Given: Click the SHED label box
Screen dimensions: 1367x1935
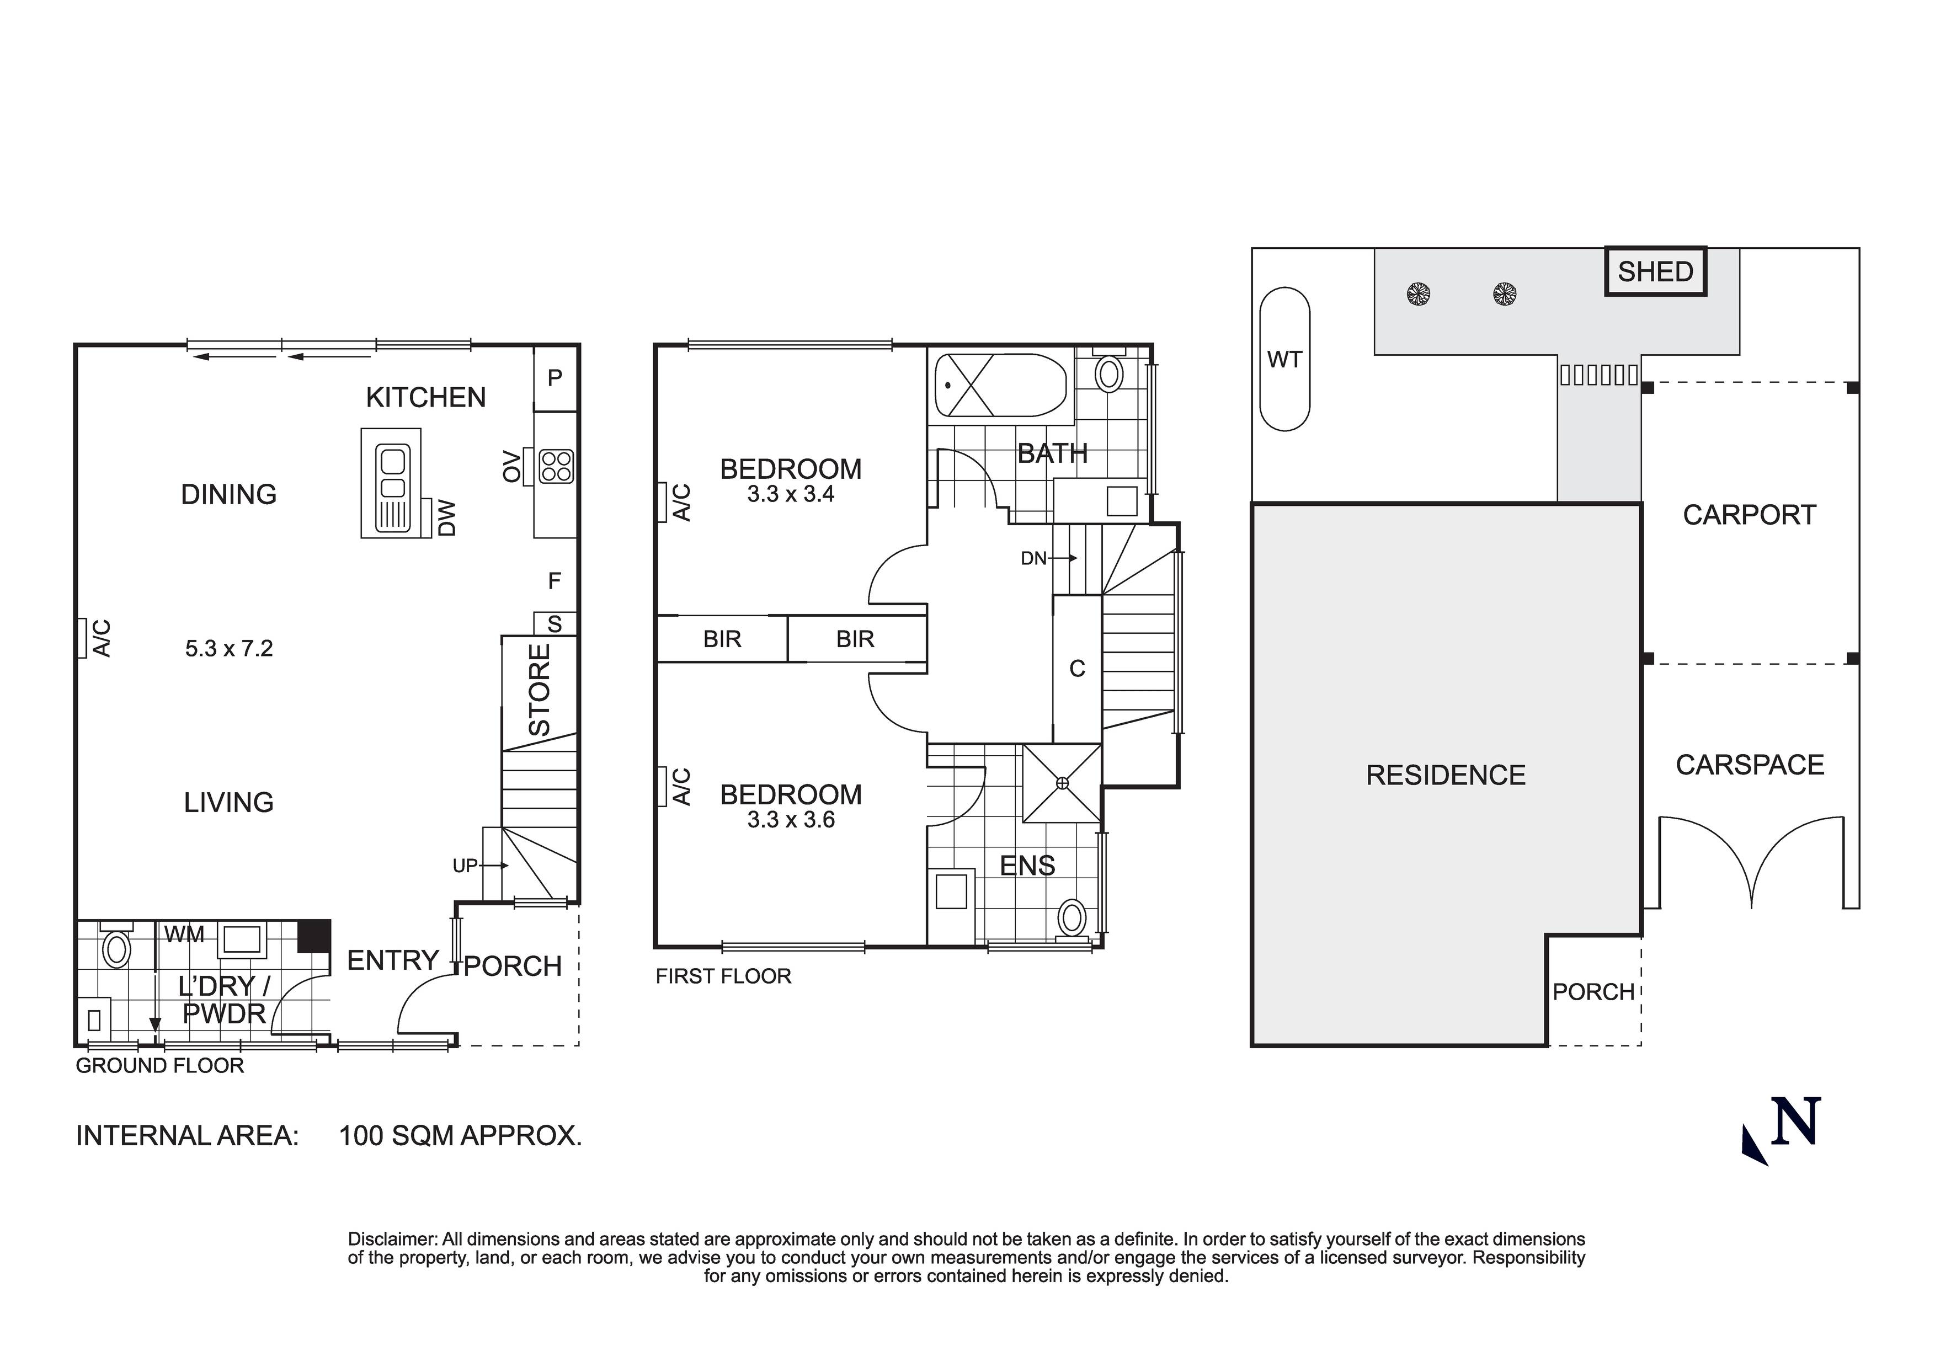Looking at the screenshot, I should click(x=1655, y=271).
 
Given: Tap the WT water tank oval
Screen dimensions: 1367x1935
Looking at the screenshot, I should click(x=1284, y=360).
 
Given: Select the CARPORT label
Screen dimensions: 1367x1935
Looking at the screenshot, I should click(x=1749, y=515).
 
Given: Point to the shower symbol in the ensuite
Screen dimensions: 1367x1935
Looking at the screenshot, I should click(x=1062, y=783).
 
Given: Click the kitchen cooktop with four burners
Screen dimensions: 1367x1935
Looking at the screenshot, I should click(x=556, y=466).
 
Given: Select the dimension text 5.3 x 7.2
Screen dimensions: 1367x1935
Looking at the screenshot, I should click(x=229, y=648).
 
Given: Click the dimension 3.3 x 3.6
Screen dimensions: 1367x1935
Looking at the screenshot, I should click(x=791, y=820).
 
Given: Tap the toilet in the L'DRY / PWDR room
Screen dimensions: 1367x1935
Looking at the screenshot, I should click(x=115, y=949).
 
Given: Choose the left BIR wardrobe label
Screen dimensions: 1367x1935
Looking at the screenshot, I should click(x=722, y=639).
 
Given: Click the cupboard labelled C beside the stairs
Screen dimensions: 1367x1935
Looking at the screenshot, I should click(x=1077, y=669).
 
